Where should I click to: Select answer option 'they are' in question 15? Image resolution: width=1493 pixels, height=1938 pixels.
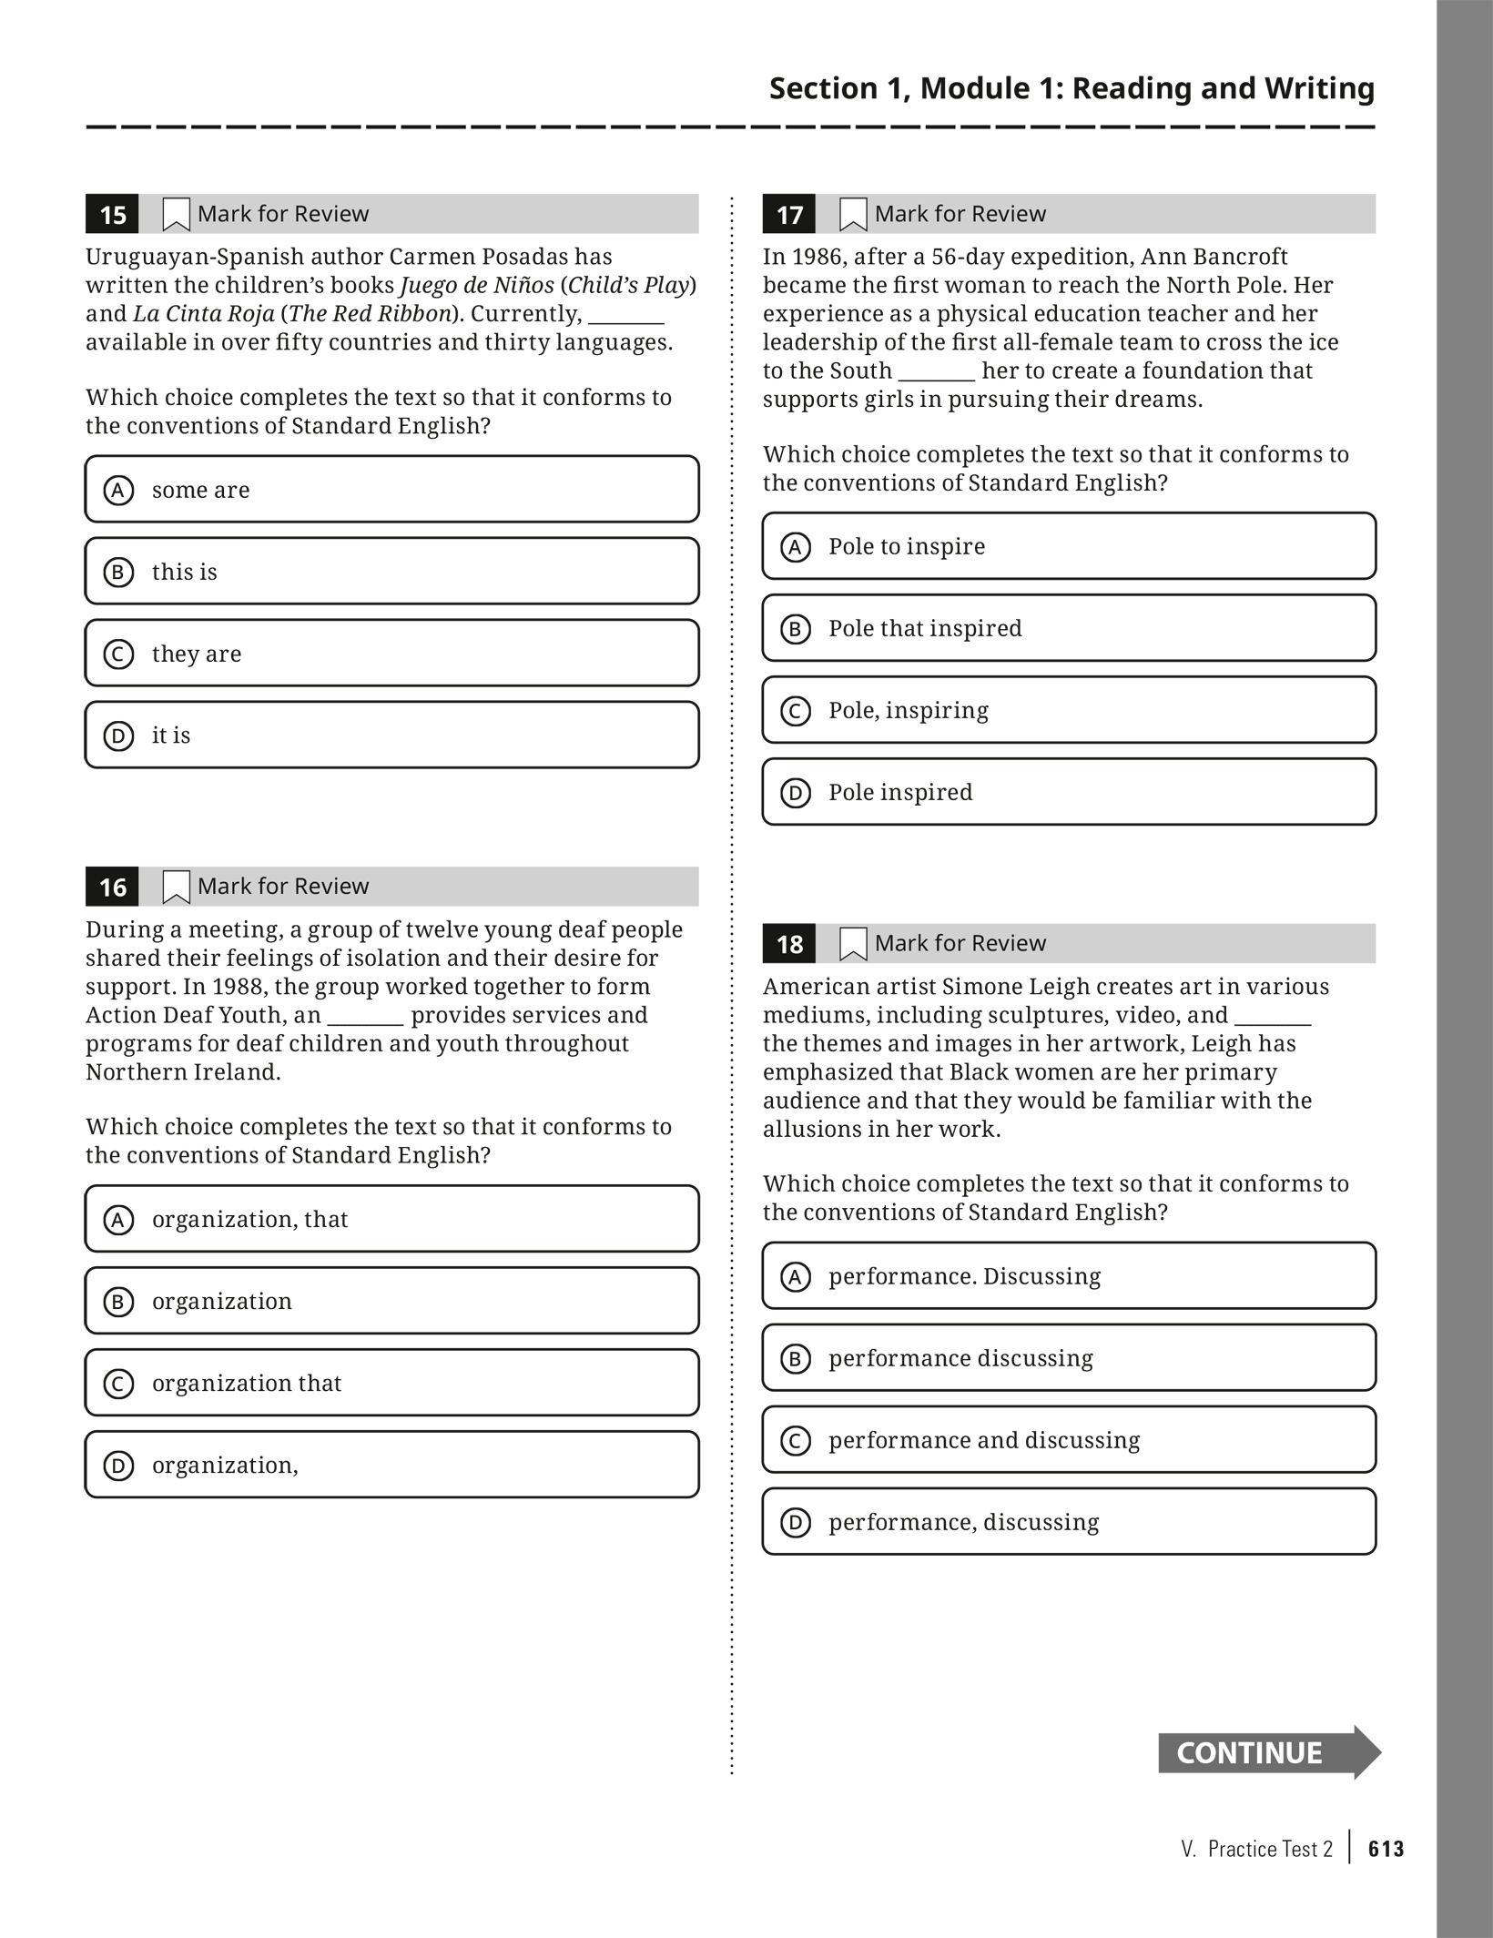coord(391,653)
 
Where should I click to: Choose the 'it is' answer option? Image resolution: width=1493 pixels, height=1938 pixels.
coord(391,735)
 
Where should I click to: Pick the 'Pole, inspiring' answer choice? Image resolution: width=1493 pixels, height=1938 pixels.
coord(1068,710)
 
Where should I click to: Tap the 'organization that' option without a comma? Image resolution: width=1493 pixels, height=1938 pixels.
coord(391,1383)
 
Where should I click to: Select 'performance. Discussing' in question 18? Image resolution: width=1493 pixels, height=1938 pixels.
coord(1068,1275)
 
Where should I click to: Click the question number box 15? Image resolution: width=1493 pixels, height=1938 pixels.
coord(112,215)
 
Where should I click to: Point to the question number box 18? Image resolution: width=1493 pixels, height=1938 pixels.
coord(789,944)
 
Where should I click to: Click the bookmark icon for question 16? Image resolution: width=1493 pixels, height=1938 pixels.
coord(176,887)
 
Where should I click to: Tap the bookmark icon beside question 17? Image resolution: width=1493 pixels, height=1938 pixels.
coord(853,215)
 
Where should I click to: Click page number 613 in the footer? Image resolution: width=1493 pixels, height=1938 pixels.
coord(1386,1849)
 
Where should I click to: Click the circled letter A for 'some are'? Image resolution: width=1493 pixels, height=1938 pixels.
coord(118,491)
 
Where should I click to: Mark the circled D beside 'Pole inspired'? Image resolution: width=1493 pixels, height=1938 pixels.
coord(796,793)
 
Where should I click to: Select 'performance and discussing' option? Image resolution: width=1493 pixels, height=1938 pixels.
coord(1068,1439)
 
